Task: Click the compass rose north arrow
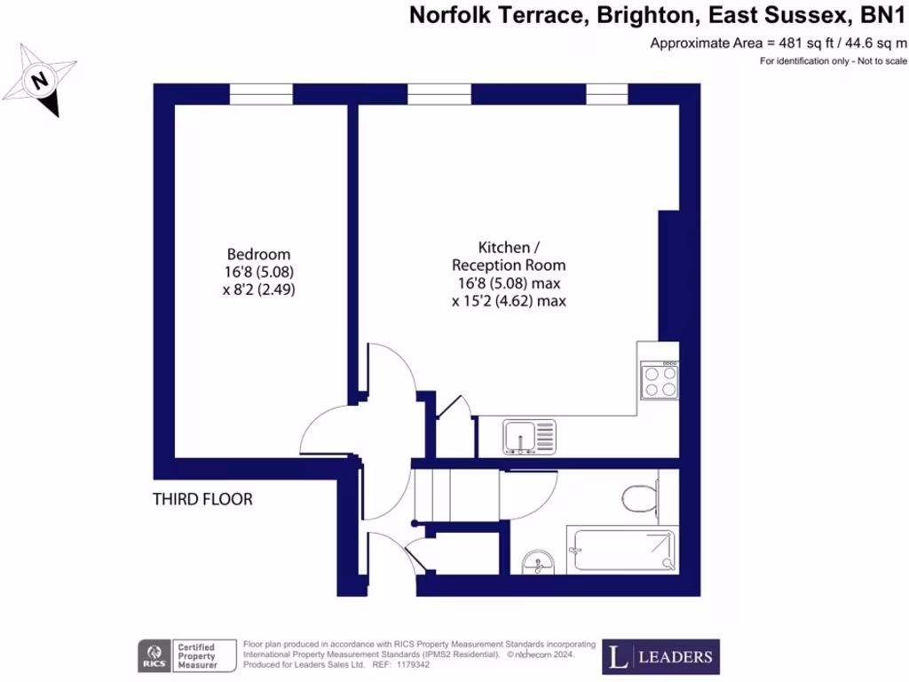point(40,82)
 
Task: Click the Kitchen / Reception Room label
point(508,255)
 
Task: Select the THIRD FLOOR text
point(203,500)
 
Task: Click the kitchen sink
point(531,437)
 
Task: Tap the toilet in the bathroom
point(639,498)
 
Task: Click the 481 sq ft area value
point(797,43)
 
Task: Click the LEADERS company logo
point(660,657)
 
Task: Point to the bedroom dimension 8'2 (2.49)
point(258,289)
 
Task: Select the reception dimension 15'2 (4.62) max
point(509,301)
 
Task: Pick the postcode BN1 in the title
point(884,15)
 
